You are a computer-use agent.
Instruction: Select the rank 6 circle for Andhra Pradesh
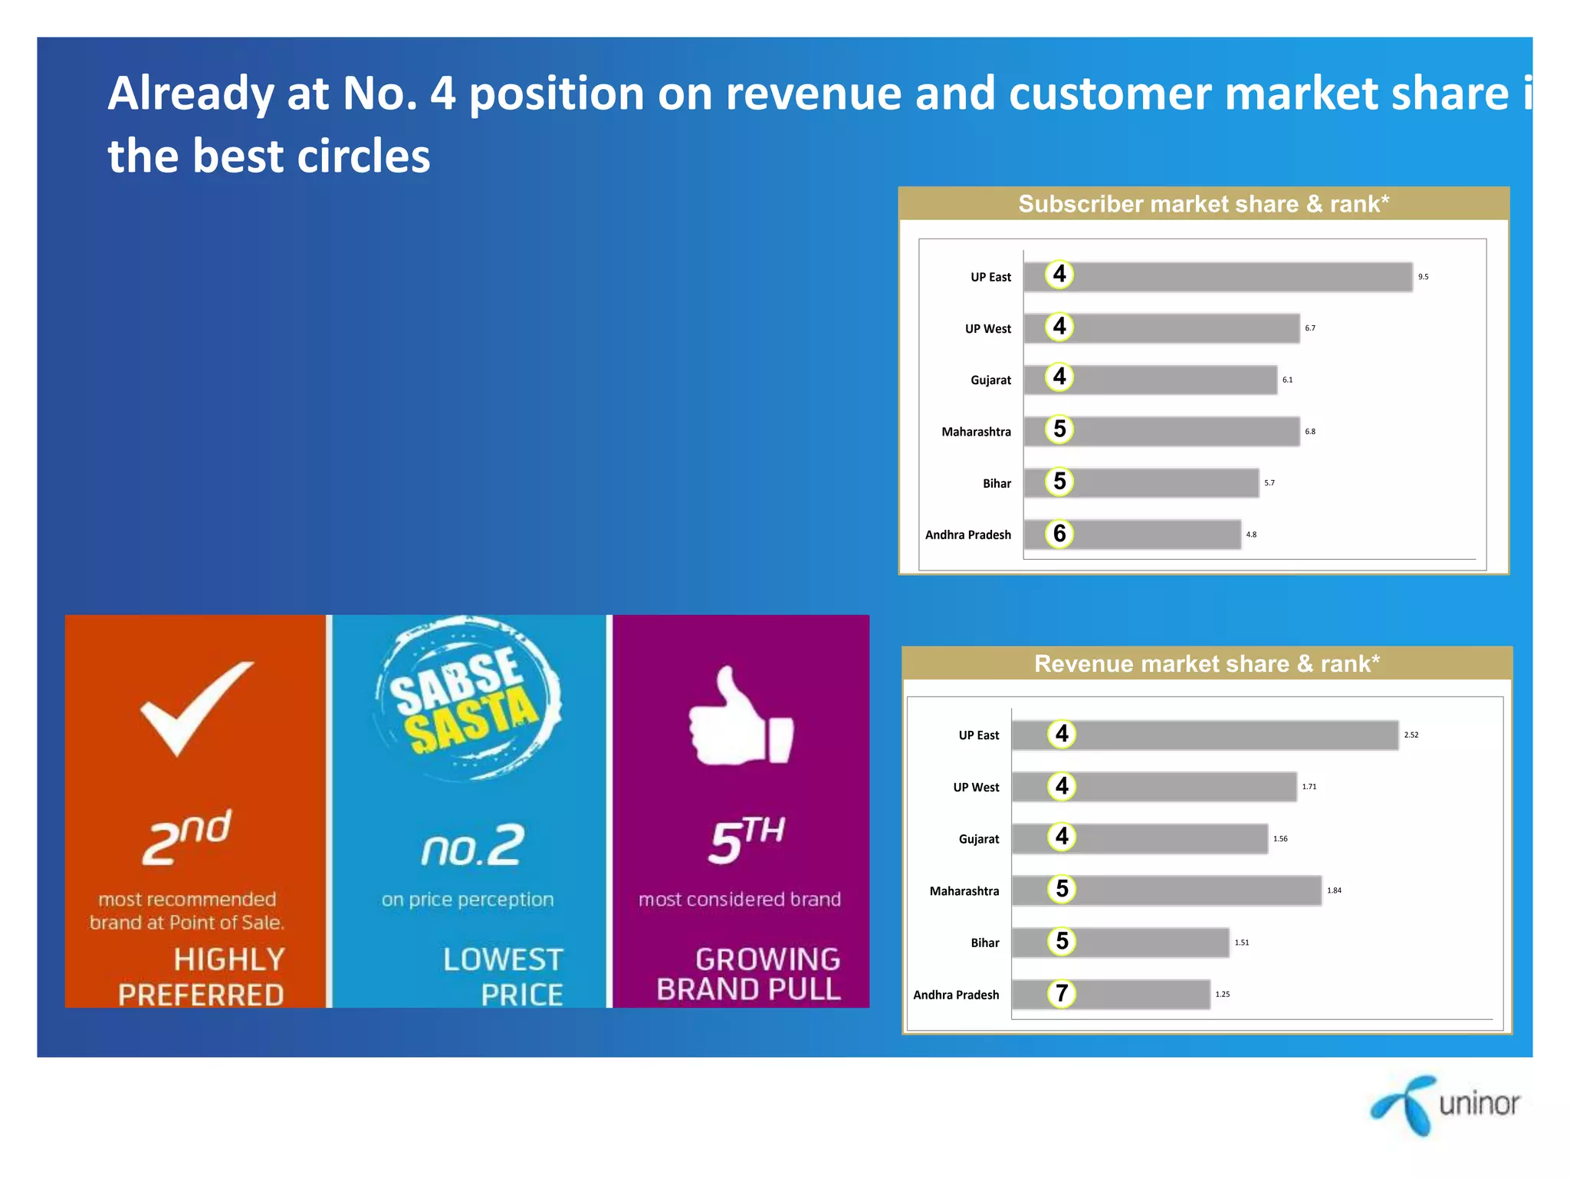pos(1059,534)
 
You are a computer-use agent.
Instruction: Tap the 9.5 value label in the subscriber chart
pos(1423,277)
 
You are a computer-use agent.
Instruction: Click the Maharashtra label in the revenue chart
pos(964,891)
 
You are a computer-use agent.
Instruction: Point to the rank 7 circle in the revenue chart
pos(1062,994)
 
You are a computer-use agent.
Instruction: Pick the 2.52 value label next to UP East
pos(1411,735)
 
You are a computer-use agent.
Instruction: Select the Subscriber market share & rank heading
pos(1203,204)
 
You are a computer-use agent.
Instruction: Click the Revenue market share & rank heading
pos(1207,663)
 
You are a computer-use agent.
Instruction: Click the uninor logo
pos(1445,1104)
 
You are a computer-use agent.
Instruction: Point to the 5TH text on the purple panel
pos(746,841)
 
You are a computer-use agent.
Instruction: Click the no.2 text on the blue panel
pos(472,847)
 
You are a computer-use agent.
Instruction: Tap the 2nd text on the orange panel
pos(187,838)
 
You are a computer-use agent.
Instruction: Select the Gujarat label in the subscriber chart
pos(990,380)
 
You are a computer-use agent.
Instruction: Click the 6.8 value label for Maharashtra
pos(1310,432)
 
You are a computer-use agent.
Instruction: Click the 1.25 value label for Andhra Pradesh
pos(1222,995)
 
